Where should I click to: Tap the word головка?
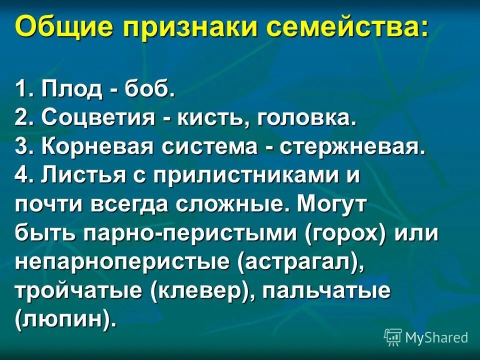pos(306,118)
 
